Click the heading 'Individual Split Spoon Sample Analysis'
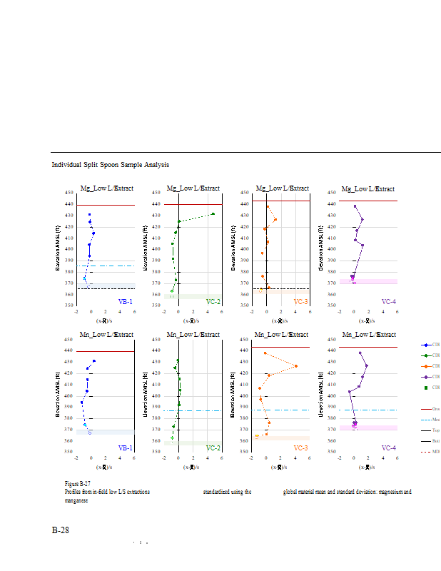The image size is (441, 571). click(110, 165)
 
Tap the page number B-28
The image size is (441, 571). click(61, 530)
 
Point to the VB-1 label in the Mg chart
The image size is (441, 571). click(125, 302)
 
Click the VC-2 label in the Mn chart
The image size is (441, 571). click(213, 448)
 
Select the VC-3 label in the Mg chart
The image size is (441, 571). click(300, 302)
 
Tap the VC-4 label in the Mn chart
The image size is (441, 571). click(388, 448)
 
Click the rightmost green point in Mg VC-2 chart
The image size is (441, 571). click(213, 213)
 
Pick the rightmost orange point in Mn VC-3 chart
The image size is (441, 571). click(295, 366)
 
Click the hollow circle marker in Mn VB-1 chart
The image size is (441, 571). click(90, 433)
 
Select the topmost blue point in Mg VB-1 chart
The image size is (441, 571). click(90, 214)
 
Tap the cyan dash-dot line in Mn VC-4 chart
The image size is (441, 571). click(367, 410)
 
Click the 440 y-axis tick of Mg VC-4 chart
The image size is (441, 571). click(332, 203)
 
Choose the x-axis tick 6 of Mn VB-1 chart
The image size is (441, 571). click(135, 458)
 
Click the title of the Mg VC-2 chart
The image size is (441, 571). click(193, 188)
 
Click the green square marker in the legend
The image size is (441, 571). click(425, 387)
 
